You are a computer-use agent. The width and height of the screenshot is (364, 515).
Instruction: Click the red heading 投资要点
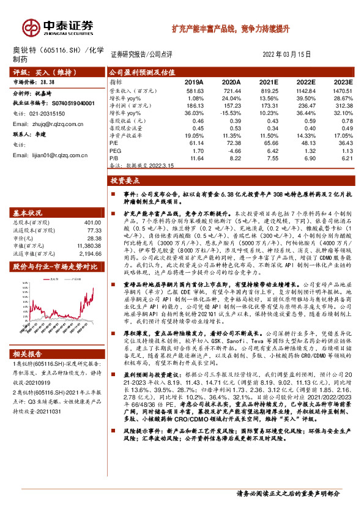tap(125, 180)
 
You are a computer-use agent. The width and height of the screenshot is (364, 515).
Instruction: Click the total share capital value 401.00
tap(92, 222)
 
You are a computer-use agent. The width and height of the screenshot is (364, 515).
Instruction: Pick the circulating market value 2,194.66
tap(89, 253)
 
